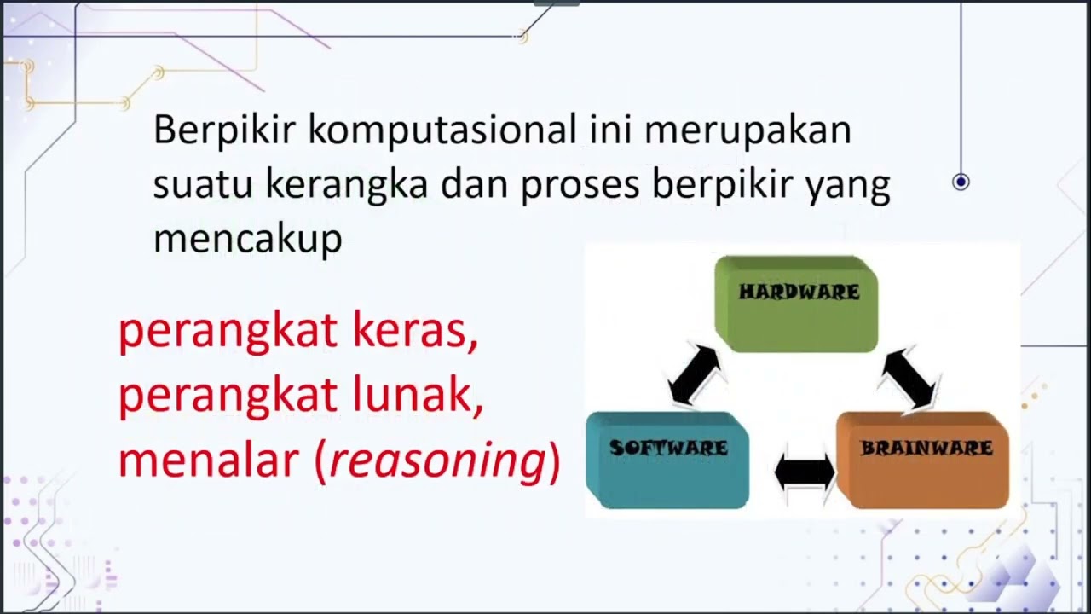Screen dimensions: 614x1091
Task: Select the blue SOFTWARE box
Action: pyautogui.click(x=667, y=459)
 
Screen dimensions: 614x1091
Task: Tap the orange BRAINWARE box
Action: pyautogui.click(x=924, y=459)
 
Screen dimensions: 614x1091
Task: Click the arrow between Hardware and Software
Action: pyautogui.click(x=696, y=374)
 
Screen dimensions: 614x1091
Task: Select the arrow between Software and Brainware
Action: pyautogui.click(x=805, y=471)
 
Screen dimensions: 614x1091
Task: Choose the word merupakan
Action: pyautogui.click(x=748, y=130)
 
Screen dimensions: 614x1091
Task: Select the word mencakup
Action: pyautogui.click(x=247, y=240)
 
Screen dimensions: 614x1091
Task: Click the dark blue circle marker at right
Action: pyautogui.click(x=961, y=182)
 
